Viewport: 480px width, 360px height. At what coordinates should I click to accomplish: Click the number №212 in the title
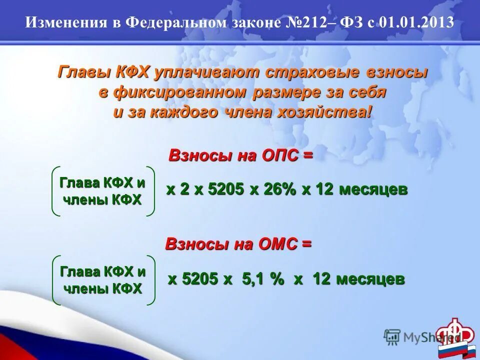coord(314,22)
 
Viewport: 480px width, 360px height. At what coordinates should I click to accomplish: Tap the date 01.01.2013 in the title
coord(416,22)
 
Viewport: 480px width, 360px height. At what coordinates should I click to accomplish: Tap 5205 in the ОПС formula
coord(225,190)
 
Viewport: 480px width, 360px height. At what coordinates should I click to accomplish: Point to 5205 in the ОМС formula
coord(200,279)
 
